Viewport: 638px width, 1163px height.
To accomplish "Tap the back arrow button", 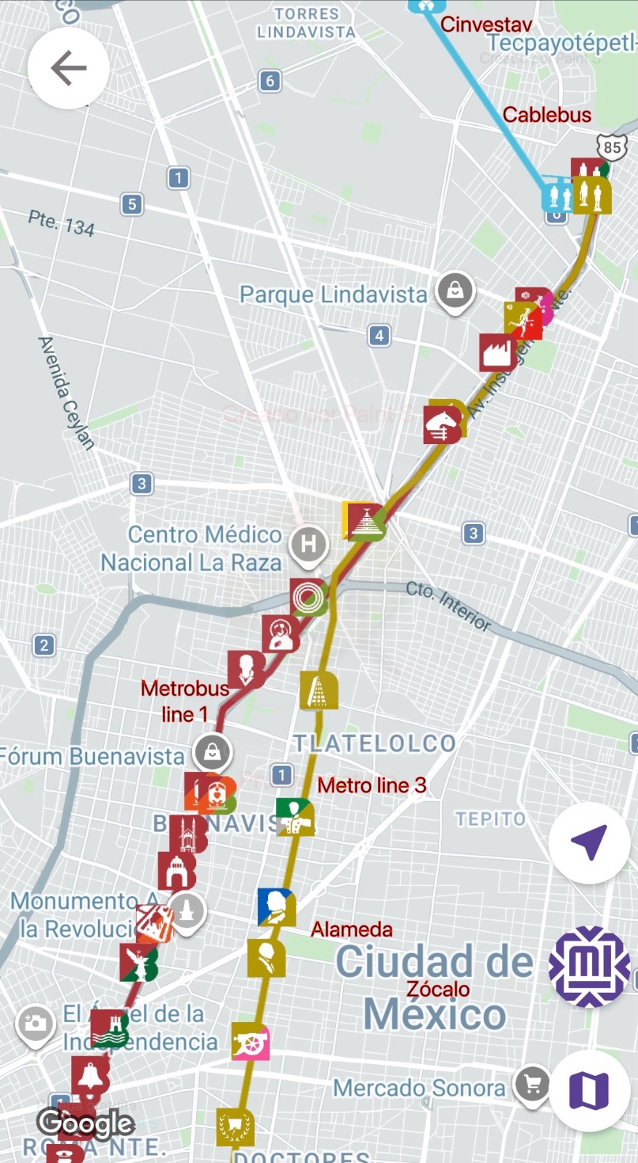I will [x=68, y=68].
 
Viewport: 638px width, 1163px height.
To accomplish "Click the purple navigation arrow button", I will [x=589, y=842].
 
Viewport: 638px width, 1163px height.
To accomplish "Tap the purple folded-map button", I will [x=589, y=1090].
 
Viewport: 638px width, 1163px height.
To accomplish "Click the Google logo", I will [x=86, y=1124].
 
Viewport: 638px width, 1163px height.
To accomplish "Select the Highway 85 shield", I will [x=612, y=147].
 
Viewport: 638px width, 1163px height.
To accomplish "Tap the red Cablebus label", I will [x=546, y=115].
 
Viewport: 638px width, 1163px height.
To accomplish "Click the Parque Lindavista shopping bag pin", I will [x=455, y=291].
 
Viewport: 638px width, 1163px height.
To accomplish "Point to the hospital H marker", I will [x=309, y=544].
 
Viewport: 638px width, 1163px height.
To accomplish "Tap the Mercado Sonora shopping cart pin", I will [x=533, y=1085].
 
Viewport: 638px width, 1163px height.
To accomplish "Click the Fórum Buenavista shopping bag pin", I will [x=212, y=752].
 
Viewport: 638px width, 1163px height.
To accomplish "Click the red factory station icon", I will [x=498, y=353].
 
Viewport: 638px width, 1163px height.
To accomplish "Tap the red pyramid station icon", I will [x=366, y=521].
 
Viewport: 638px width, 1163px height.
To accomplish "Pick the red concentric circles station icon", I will [x=308, y=597].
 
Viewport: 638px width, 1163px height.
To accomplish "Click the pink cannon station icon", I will [x=251, y=1043].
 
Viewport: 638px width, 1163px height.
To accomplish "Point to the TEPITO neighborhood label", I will [x=490, y=819].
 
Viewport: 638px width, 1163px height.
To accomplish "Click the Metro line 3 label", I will [x=371, y=785].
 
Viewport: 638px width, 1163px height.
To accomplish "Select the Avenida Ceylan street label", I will [x=66, y=393].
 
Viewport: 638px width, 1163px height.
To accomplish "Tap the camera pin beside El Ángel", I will [x=35, y=1024].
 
